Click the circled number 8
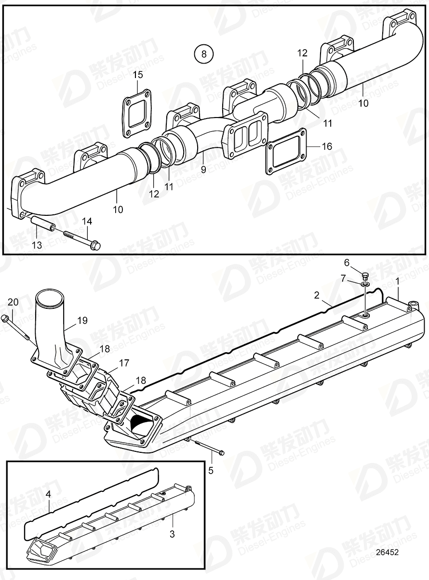(x=203, y=54)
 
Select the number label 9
(x=203, y=170)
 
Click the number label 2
(x=317, y=295)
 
